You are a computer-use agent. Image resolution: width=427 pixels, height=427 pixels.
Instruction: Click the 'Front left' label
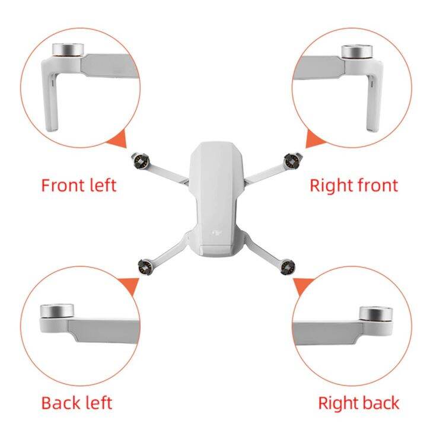coord(78,185)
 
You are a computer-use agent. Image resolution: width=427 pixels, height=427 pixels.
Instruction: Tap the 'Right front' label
coord(353,185)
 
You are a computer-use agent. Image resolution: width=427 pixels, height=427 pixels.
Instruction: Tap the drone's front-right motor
coord(291,159)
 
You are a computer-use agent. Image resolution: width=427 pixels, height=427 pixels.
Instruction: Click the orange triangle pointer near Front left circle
coord(119,140)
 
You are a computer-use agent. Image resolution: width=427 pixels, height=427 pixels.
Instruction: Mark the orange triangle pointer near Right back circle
coord(302,286)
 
